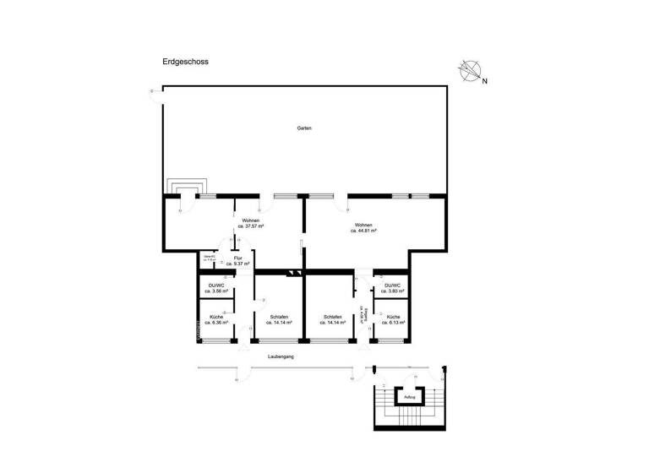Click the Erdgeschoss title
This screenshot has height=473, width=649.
click(x=185, y=62)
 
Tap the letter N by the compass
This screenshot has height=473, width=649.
click(x=484, y=81)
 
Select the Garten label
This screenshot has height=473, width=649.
click(x=304, y=128)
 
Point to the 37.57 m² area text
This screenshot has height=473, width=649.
click(x=252, y=226)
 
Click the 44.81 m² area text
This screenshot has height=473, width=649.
click(x=363, y=230)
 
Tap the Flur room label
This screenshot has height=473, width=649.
click(x=237, y=258)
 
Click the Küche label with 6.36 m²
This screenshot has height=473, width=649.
click(x=216, y=322)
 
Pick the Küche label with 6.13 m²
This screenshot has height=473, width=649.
click(x=393, y=322)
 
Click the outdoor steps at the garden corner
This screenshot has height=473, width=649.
click(x=185, y=187)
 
